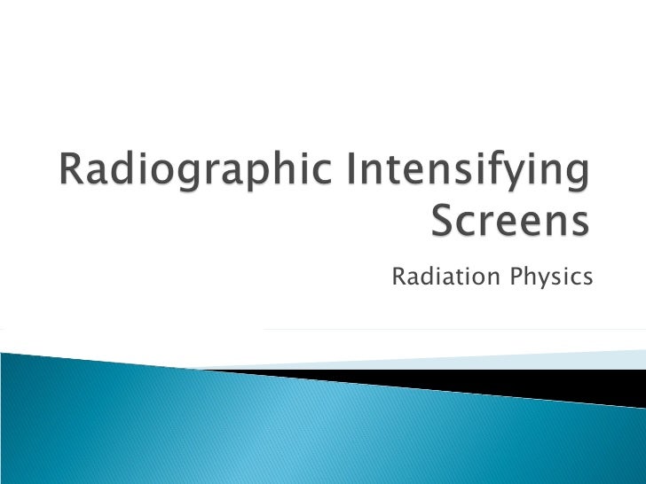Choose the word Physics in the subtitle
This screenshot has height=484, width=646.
pyautogui.click(x=552, y=278)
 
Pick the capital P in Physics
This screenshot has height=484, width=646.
pyautogui.click(x=518, y=277)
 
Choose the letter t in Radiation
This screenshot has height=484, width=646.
pyautogui.click(x=454, y=277)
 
